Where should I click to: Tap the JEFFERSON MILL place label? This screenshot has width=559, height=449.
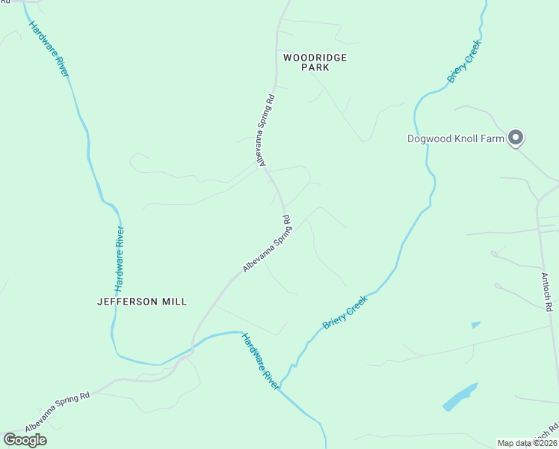pyautogui.click(x=142, y=302)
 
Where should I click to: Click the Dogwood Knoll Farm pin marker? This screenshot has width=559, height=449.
pyautogui.click(x=516, y=138)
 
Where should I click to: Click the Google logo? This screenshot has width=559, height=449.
pyautogui.click(x=25, y=439)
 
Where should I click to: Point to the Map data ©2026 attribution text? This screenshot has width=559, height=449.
pyautogui.click(x=528, y=443)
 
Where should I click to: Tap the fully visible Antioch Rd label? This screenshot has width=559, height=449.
pyautogui.click(x=546, y=292)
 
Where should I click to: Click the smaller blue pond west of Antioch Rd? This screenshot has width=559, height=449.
pyautogui.click(x=476, y=325)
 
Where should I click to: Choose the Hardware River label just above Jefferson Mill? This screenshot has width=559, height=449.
pyautogui.click(x=119, y=258)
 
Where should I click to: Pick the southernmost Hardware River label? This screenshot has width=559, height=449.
pyautogui.click(x=260, y=361)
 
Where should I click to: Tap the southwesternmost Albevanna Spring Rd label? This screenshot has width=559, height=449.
pyautogui.click(x=57, y=412)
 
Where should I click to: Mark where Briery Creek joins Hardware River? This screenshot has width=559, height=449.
pyautogui.click(x=279, y=388)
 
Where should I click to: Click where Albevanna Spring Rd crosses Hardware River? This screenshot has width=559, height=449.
pyautogui.click(x=193, y=347)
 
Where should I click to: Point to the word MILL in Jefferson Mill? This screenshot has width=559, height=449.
pyautogui.click(x=173, y=302)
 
